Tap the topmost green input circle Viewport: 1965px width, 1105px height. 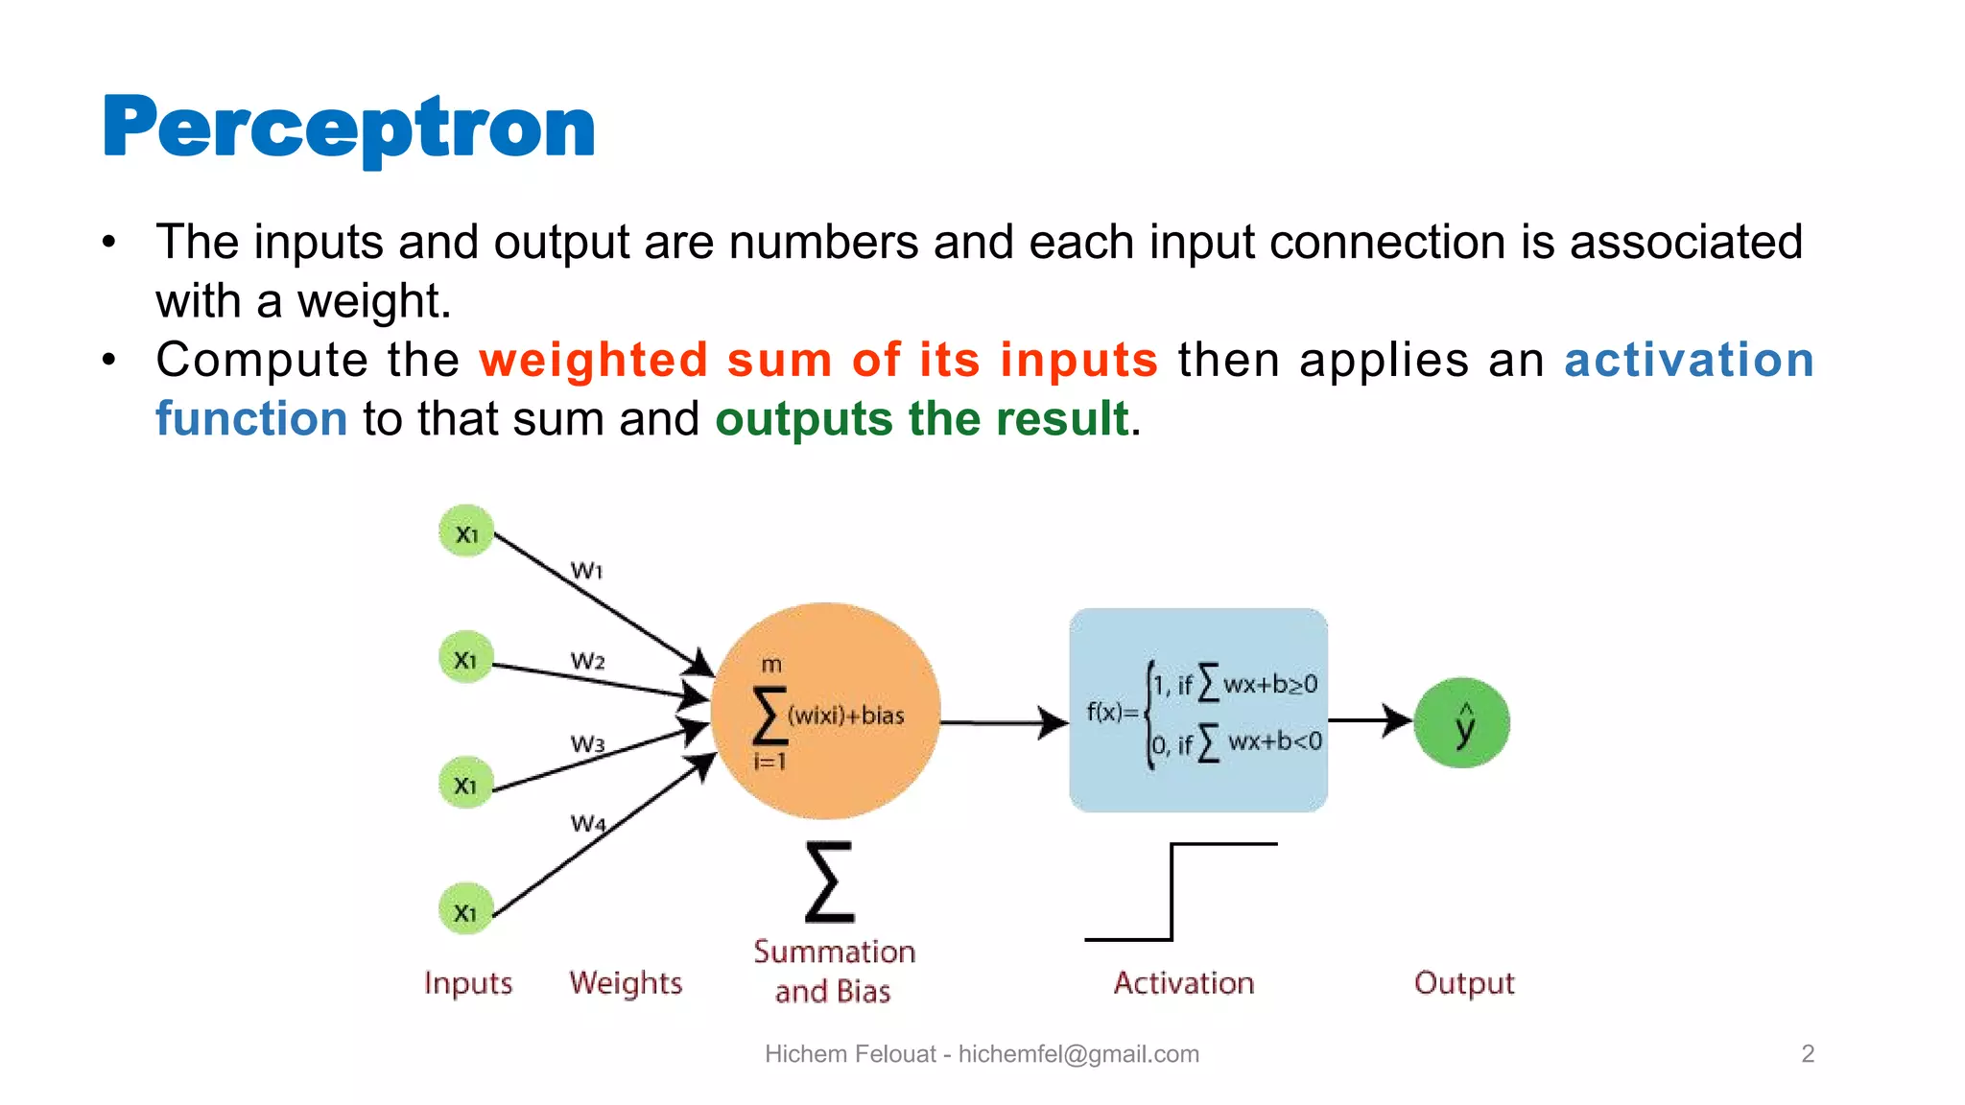point(466,532)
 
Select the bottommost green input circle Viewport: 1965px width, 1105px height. point(466,910)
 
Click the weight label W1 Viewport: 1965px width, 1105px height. point(586,571)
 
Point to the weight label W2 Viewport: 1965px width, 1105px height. point(587,661)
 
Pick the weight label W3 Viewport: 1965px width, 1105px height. point(587,744)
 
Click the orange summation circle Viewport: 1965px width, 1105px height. point(826,711)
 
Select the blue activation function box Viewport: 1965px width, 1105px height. point(1198,711)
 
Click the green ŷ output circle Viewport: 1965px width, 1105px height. point(1461,723)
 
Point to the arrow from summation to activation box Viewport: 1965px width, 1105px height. point(1004,722)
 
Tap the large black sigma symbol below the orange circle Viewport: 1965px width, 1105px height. point(830,882)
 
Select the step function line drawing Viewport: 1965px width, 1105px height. point(1173,892)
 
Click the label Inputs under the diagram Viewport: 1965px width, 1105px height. point(468,983)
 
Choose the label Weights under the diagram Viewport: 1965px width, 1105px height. point(626,983)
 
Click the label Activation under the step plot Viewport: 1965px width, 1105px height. point(1184,983)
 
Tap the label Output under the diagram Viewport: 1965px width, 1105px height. point(1464,983)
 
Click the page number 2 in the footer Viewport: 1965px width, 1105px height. point(1808,1054)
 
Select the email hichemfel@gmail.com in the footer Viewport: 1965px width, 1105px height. point(1078,1054)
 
